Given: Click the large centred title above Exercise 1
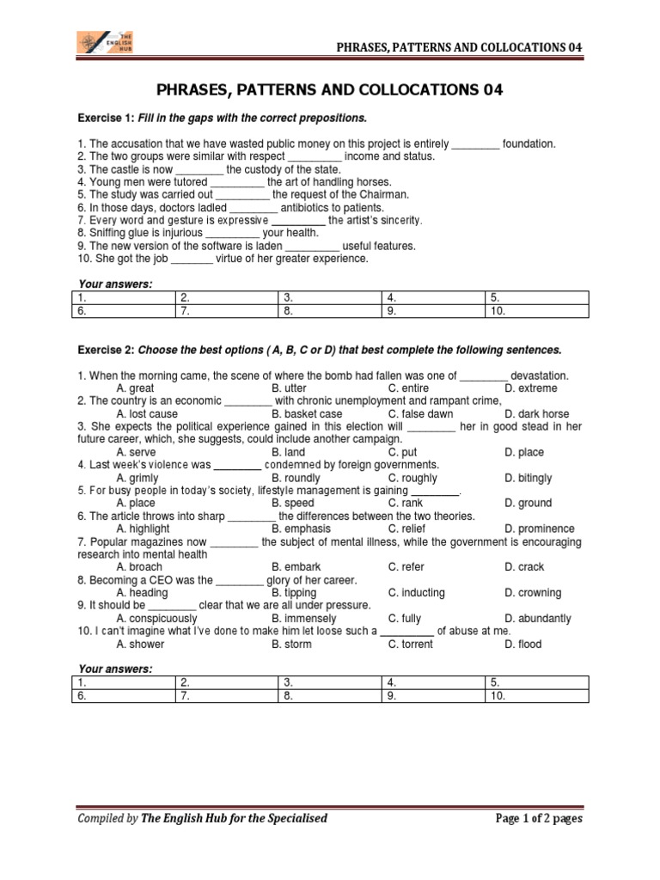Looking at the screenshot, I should (330, 89).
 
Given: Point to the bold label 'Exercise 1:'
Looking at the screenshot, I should (107, 117).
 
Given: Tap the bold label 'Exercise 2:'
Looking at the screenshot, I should (107, 351).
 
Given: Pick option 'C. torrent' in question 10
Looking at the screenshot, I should (411, 644).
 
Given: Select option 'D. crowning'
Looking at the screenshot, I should (533, 593).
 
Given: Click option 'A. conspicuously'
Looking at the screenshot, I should (156, 618).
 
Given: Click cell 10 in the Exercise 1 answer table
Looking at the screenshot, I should (537, 311).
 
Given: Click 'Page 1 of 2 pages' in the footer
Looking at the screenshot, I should (539, 818).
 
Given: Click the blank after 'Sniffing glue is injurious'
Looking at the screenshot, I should (233, 233).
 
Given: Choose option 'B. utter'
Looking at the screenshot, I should (289, 388).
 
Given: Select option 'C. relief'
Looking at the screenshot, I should (406, 529).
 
